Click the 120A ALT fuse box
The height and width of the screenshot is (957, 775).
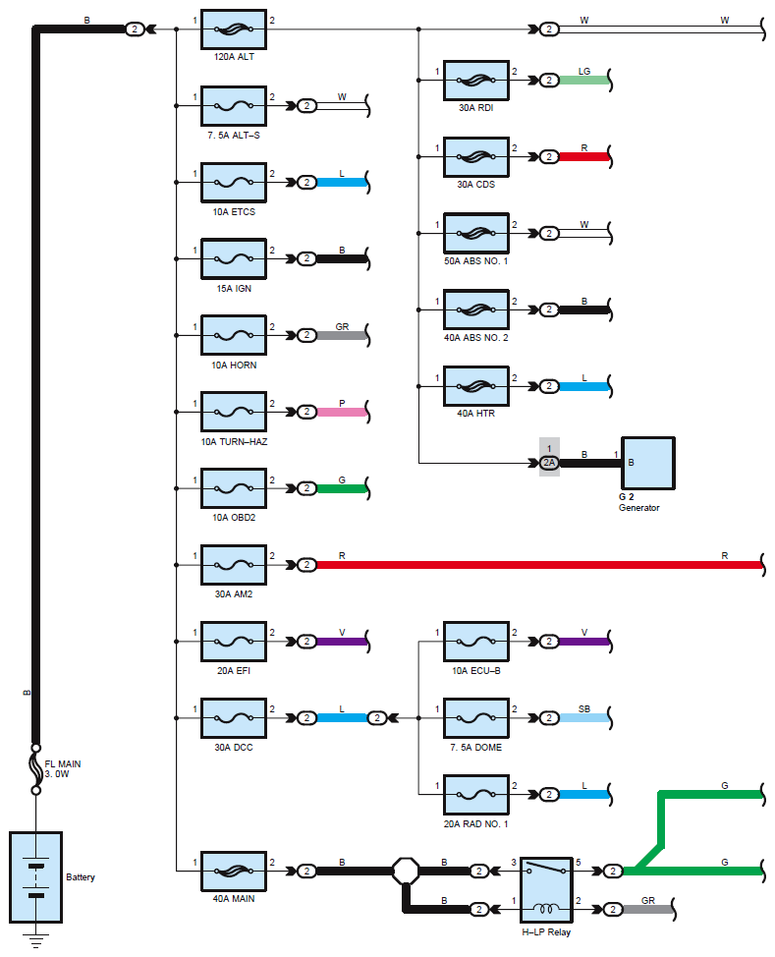click(x=234, y=29)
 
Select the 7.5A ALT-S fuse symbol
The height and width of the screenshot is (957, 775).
click(x=234, y=106)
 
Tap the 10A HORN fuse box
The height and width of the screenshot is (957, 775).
click(x=234, y=335)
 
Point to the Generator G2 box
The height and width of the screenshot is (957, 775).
click(x=648, y=463)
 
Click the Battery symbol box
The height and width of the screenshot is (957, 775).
click(x=36, y=877)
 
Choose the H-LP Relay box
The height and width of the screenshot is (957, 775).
click(x=546, y=890)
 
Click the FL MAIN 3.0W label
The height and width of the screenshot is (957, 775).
click(x=62, y=769)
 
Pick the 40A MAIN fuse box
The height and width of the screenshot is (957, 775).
click(x=234, y=871)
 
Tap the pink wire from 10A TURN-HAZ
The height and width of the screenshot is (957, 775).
click(x=342, y=412)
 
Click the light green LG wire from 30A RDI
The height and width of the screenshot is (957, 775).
click(x=584, y=80)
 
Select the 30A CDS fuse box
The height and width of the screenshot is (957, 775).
click(x=476, y=157)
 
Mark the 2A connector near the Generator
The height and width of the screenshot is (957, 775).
click(x=549, y=463)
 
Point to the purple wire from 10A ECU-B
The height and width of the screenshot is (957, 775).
click(x=584, y=642)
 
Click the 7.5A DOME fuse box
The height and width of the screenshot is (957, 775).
click(x=476, y=717)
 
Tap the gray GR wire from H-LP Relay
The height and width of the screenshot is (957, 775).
click(x=647, y=910)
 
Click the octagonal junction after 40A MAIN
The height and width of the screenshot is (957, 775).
click(x=406, y=871)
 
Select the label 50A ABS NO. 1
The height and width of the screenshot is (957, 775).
click(x=476, y=261)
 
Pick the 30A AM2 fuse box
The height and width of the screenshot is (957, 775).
click(x=234, y=565)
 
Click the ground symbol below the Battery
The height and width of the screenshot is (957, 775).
click(x=36, y=940)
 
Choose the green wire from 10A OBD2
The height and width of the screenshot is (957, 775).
click(x=342, y=488)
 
